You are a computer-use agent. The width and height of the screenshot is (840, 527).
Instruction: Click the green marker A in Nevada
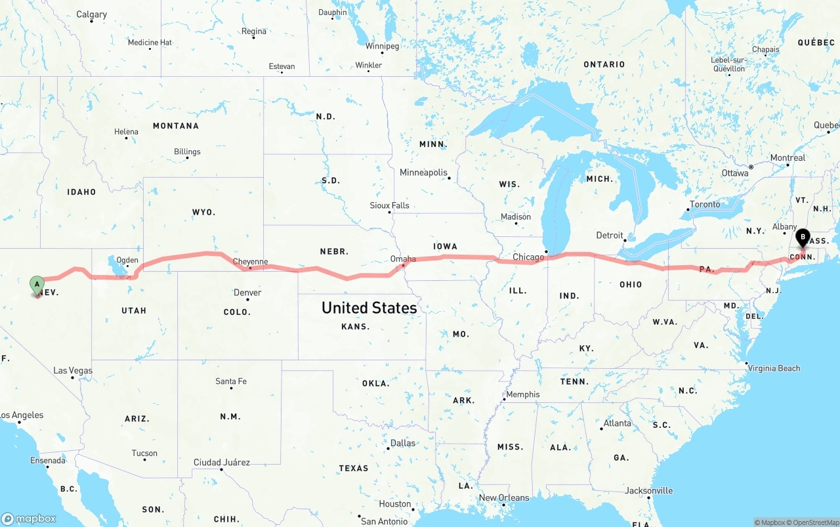click(x=37, y=285)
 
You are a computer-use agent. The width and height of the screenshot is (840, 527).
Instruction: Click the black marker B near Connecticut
click(x=802, y=238)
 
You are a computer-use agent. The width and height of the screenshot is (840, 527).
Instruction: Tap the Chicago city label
click(x=528, y=257)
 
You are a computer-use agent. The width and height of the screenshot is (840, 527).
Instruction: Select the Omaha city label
click(x=403, y=259)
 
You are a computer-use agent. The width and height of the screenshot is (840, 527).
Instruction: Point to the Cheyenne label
click(x=250, y=262)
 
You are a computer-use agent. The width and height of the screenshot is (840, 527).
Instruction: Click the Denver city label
click(x=247, y=293)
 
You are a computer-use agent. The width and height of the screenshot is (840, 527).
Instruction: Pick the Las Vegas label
click(x=73, y=371)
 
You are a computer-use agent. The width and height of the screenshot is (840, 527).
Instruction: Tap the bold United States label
click(x=369, y=308)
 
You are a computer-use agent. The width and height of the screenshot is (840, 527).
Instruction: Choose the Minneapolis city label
click(x=423, y=173)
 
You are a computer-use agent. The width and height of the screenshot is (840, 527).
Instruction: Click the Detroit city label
click(x=610, y=235)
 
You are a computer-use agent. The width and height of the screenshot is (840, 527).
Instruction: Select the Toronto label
click(x=705, y=204)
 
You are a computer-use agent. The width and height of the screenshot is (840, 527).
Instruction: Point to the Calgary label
click(x=91, y=14)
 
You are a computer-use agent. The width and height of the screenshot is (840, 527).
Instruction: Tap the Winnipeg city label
click(x=382, y=47)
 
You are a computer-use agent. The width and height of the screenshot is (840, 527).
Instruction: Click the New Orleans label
click(x=503, y=497)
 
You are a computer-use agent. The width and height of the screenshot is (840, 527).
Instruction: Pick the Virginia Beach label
click(x=774, y=368)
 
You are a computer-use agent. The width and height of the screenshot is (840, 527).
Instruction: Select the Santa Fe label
click(x=231, y=381)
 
